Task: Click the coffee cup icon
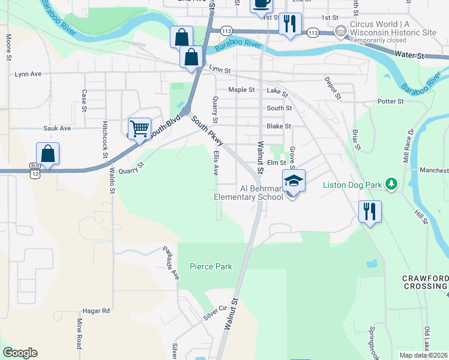(261, 4)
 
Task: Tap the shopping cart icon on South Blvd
(139, 128)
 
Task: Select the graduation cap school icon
(294, 180)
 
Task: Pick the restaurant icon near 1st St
(290, 24)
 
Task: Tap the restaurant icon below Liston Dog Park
(369, 211)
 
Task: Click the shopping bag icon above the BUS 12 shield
(48, 153)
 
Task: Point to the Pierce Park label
(211, 266)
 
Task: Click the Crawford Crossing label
(425, 283)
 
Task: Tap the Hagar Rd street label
(97, 311)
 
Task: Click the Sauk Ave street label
(57, 128)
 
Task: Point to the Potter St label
(391, 101)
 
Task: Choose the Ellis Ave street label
(215, 163)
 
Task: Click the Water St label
(409, 55)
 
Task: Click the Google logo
(20, 353)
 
